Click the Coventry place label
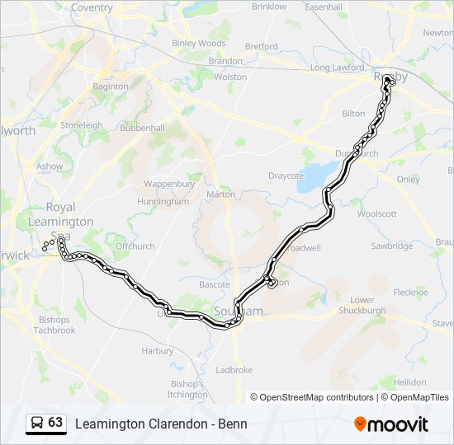pyautogui.click(x=92, y=7)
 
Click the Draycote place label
pyautogui.click(x=286, y=176)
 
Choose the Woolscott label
pyautogui.click(x=377, y=213)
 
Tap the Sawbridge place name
pyautogui.click(x=391, y=246)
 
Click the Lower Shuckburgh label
pyautogui.click(x=368, y=306)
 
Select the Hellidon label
pyautogui.click(x=409, y=382)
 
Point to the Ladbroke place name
pyautogui.click(x=234, y=370)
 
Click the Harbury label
pyautogui.click(x=157, y=350)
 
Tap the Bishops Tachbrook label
pyautogui.click(x=54, y=325)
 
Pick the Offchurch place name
pyautogui.click(x=135, y=246)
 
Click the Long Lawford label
pyautogui.click(x=337, y=68)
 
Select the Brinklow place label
pyautogui.click(x=268, y=7)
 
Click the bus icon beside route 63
pyautogui.click(x=37, y=423)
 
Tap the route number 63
pyautogui.click(x=55, y=423)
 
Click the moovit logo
pyautogui.click(x=391, y=424)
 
